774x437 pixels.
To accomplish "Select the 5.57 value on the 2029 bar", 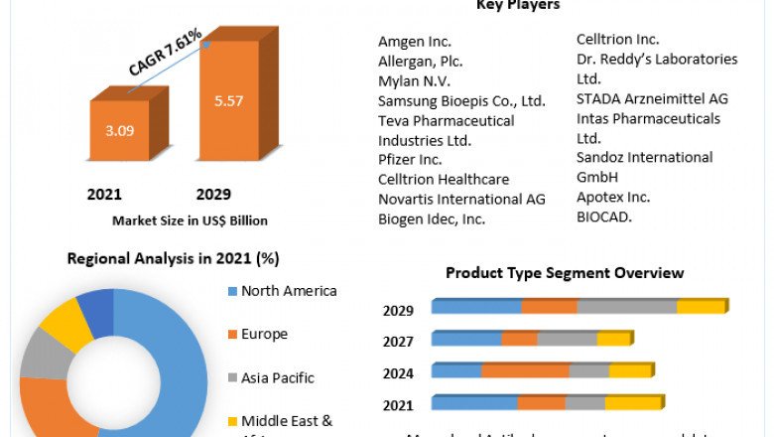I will click(x=229, y=100).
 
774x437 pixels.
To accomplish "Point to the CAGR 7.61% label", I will click(x=165, y=53).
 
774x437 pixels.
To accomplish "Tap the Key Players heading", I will click(x=518, y=6).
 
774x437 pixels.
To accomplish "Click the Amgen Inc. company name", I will click(x=415, y=42).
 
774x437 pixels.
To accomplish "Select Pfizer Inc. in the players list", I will click(x=410, y=159).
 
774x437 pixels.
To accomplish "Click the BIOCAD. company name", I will click(x=604, y=216).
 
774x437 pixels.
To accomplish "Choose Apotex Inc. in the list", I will click(x=613, y=197).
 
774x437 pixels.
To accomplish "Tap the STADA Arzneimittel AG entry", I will click(x=652, y=98).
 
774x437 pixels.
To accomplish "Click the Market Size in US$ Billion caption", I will click(x=190, y=220).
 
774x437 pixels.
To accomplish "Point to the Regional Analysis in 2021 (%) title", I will click(x=173, y=259).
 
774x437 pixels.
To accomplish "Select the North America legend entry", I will click(x=289, y=291).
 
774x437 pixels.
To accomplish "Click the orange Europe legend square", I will click(x=231, y=335).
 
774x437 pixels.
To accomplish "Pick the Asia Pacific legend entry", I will click(x=277, y=377).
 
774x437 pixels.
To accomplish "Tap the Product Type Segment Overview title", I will click(x=565, y=273).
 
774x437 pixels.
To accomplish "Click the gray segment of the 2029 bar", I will click(x=627, y=307).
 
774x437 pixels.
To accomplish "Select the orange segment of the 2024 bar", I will click(x=525, y=370).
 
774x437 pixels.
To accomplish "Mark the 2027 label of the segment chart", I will click(x=398, y=341).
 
